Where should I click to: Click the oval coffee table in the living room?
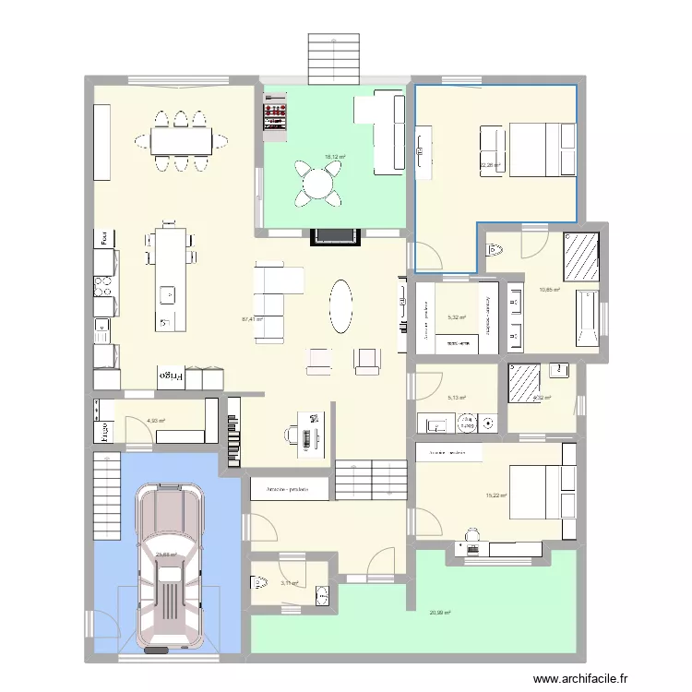(340, 305)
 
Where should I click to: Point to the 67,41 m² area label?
(252, 320)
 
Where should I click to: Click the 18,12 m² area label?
(334, 157)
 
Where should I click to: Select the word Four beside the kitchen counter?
(106, 237)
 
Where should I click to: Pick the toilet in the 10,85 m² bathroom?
(496, 249)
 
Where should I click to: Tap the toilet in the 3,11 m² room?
(257, 582)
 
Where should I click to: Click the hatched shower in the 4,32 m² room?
(523, 381)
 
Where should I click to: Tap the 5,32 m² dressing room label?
(456, 318)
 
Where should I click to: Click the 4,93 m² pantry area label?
(156, 422)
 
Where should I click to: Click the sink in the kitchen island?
(166, 295)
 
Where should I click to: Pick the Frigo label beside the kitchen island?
(172, 376)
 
